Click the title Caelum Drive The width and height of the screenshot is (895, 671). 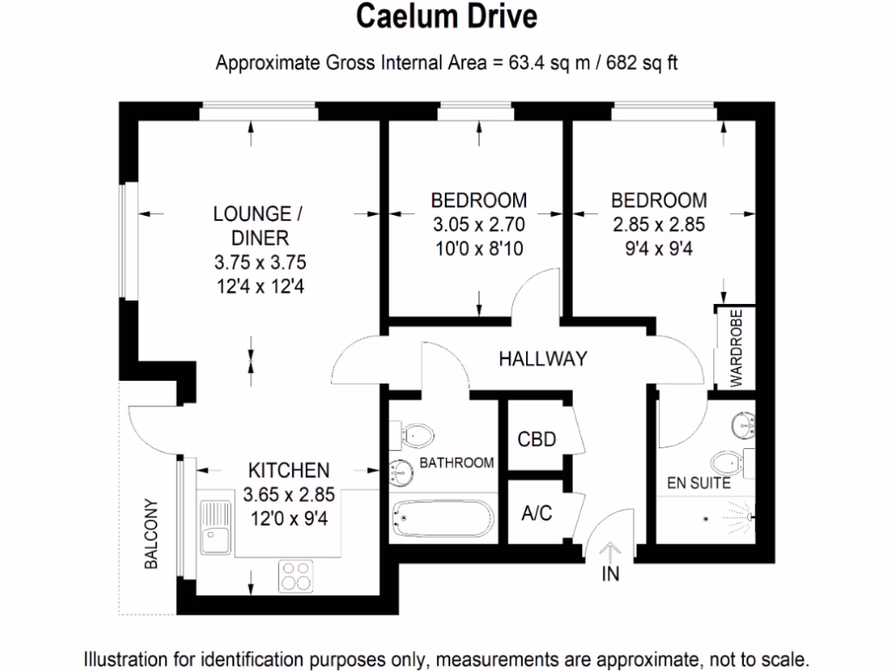pyautogui.click(x=447, y=17)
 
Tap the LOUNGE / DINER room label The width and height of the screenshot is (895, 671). pyautogui.click(x=252, y=225)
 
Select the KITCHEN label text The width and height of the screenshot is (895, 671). pyautogui.click(x=288, y=470)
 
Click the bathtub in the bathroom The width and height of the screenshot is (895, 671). pyautogui.click(x=441, y=519)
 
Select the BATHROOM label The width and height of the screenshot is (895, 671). pyautogui.click(x=456, y=463)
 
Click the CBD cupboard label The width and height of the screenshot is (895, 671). pyautogui.click(x=537, y=439)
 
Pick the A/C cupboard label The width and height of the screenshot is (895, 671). pyautogui.click(x=537, y=513)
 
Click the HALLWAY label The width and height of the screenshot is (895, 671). pyautogui.click(x=542, y=358)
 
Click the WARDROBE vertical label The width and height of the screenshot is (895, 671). pyautogui.click(x=735, y=348)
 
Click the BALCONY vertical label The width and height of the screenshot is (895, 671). pyautogui.click(x=151, y=534)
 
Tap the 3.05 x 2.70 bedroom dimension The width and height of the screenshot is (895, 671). pyautogui.click(x=480, y=225)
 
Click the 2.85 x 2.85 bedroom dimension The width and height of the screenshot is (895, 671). pyautogui.click(x=658, y=225)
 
